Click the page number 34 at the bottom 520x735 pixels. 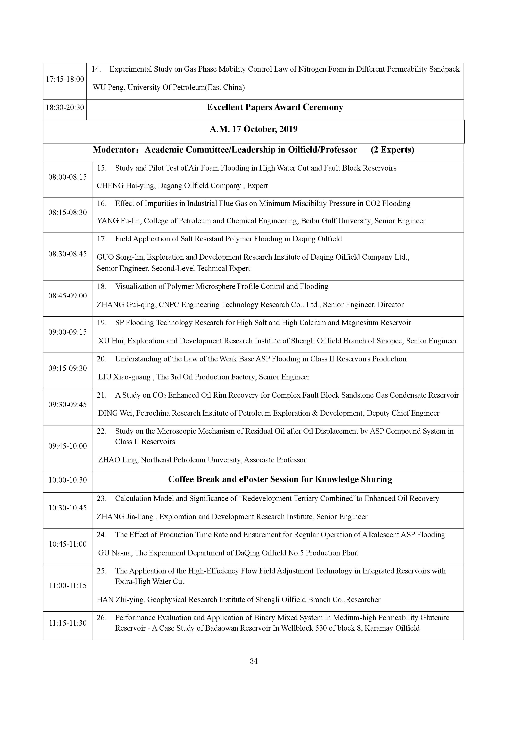tap(254, 661)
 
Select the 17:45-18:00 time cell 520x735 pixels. tap(65, 79)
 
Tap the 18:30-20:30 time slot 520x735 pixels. tap(65, 107)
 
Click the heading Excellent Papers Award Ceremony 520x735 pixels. tap(275, 107)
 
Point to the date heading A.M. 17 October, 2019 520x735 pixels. tap(254, 129)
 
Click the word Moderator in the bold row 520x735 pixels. tap(112, 150)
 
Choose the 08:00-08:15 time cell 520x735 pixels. tap(67, 177)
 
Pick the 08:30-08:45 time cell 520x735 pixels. tap(67, 254)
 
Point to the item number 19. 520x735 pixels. tap(101, 323)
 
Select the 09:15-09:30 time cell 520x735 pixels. tap(67, 368)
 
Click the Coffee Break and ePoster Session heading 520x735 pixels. tap(280, 479)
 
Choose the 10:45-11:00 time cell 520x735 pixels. tap(67, 544)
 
